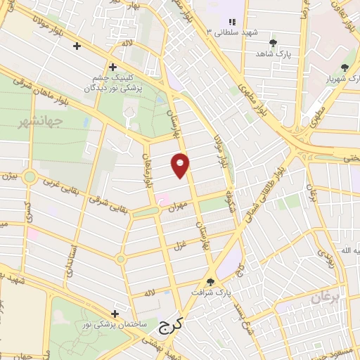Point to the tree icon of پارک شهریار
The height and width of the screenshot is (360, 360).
(x=344, y=68)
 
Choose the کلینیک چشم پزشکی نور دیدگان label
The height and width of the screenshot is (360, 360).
(x=109, y=84)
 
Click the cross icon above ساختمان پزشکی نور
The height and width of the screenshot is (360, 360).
(x=114, y=313)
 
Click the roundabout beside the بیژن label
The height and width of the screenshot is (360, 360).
(x=30, y=176)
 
